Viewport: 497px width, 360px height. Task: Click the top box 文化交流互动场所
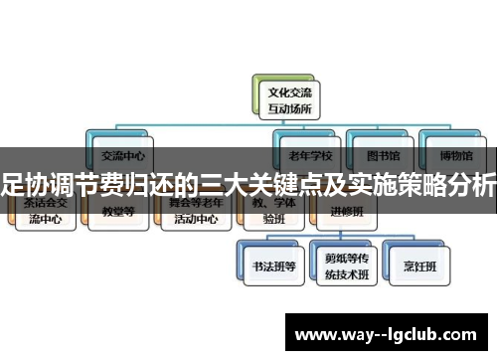[x=276, y=95]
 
